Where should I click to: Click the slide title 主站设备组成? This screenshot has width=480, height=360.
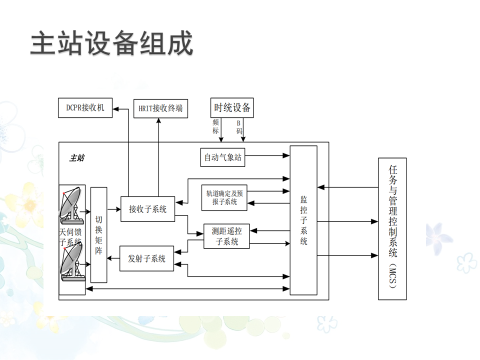111,44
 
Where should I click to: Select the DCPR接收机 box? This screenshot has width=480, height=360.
85,107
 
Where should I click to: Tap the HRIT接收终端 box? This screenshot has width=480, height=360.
160,108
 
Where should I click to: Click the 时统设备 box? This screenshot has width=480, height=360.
232,107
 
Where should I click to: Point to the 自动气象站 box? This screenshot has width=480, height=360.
223,157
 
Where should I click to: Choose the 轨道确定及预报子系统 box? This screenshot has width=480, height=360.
225,197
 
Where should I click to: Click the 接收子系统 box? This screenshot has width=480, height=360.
147,209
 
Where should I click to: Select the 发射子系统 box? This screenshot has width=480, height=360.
147,258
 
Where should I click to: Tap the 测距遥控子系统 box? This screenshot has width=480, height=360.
226,236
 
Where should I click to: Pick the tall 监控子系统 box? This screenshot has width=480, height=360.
303,220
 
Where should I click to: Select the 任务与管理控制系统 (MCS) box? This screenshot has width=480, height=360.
392,228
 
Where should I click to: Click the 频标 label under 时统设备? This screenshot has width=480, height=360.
215,126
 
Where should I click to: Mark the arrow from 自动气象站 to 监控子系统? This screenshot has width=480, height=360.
267,157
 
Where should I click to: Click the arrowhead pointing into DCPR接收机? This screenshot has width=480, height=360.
115,108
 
